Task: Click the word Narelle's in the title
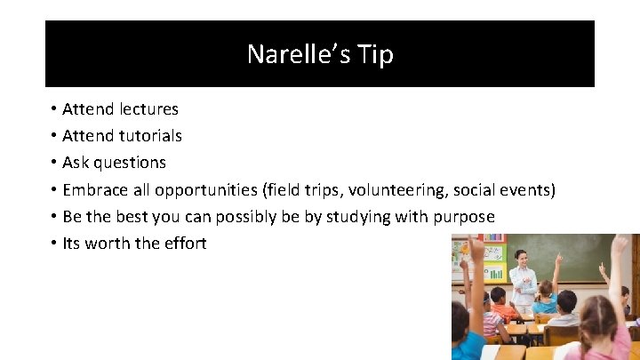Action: tap(299, 54)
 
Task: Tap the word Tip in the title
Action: tap(375, 54)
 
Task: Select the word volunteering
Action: tap(396, 189)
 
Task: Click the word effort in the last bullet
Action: tap(185, 244)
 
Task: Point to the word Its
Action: tap(73, 244)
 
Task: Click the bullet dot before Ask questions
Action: tap(53, 163)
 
